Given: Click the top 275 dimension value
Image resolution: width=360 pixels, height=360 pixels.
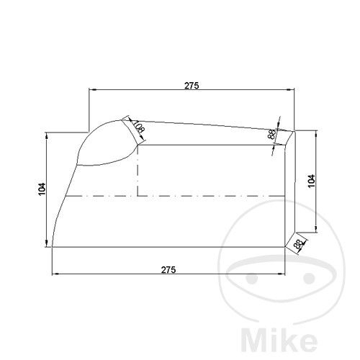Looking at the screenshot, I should tap(191, 85).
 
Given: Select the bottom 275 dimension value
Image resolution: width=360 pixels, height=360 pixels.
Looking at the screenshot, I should tap(168, 269).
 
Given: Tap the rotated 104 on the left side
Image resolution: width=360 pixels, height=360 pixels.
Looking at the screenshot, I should tap(42, 189).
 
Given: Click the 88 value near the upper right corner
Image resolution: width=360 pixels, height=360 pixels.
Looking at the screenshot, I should tap(271, 135).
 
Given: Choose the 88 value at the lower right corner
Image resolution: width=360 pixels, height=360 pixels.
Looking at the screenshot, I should tap(298, 244).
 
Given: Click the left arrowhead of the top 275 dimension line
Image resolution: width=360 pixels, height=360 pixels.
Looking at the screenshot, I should tap(91, 90).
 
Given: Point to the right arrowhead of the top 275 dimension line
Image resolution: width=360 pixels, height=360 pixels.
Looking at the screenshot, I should tap(292, 90).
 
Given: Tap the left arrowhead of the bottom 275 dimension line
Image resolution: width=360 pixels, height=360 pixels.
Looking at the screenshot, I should tap(55, 274).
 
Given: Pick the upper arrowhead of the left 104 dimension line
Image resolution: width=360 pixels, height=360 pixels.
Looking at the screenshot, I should tap(47, 134).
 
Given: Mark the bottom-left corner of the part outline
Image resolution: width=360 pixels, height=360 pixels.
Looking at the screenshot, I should tap(53, 247).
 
